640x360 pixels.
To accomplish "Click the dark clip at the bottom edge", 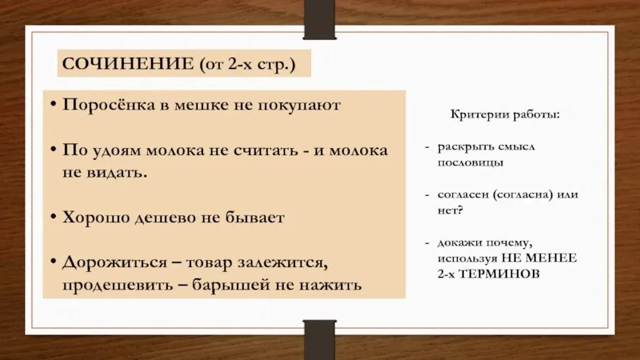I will tap(319, 338).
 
